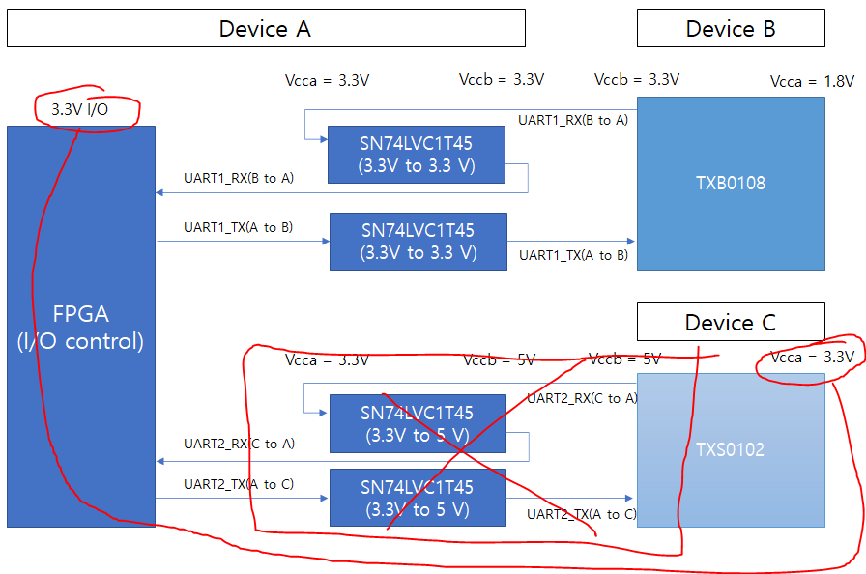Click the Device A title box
266,28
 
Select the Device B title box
731,28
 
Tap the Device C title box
731,322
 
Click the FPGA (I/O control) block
81,327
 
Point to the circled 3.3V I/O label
79,110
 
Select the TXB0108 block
731,182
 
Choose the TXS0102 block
731,449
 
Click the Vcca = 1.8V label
812,82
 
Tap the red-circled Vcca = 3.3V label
812,358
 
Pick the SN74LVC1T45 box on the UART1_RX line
417,155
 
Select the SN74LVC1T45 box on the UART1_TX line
418,242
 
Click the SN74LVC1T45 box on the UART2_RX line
418,423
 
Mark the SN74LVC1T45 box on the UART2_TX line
418,498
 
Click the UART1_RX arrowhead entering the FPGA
159,192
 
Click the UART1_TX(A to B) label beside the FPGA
239,228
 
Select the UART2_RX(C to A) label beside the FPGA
240,445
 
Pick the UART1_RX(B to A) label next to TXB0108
572,121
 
